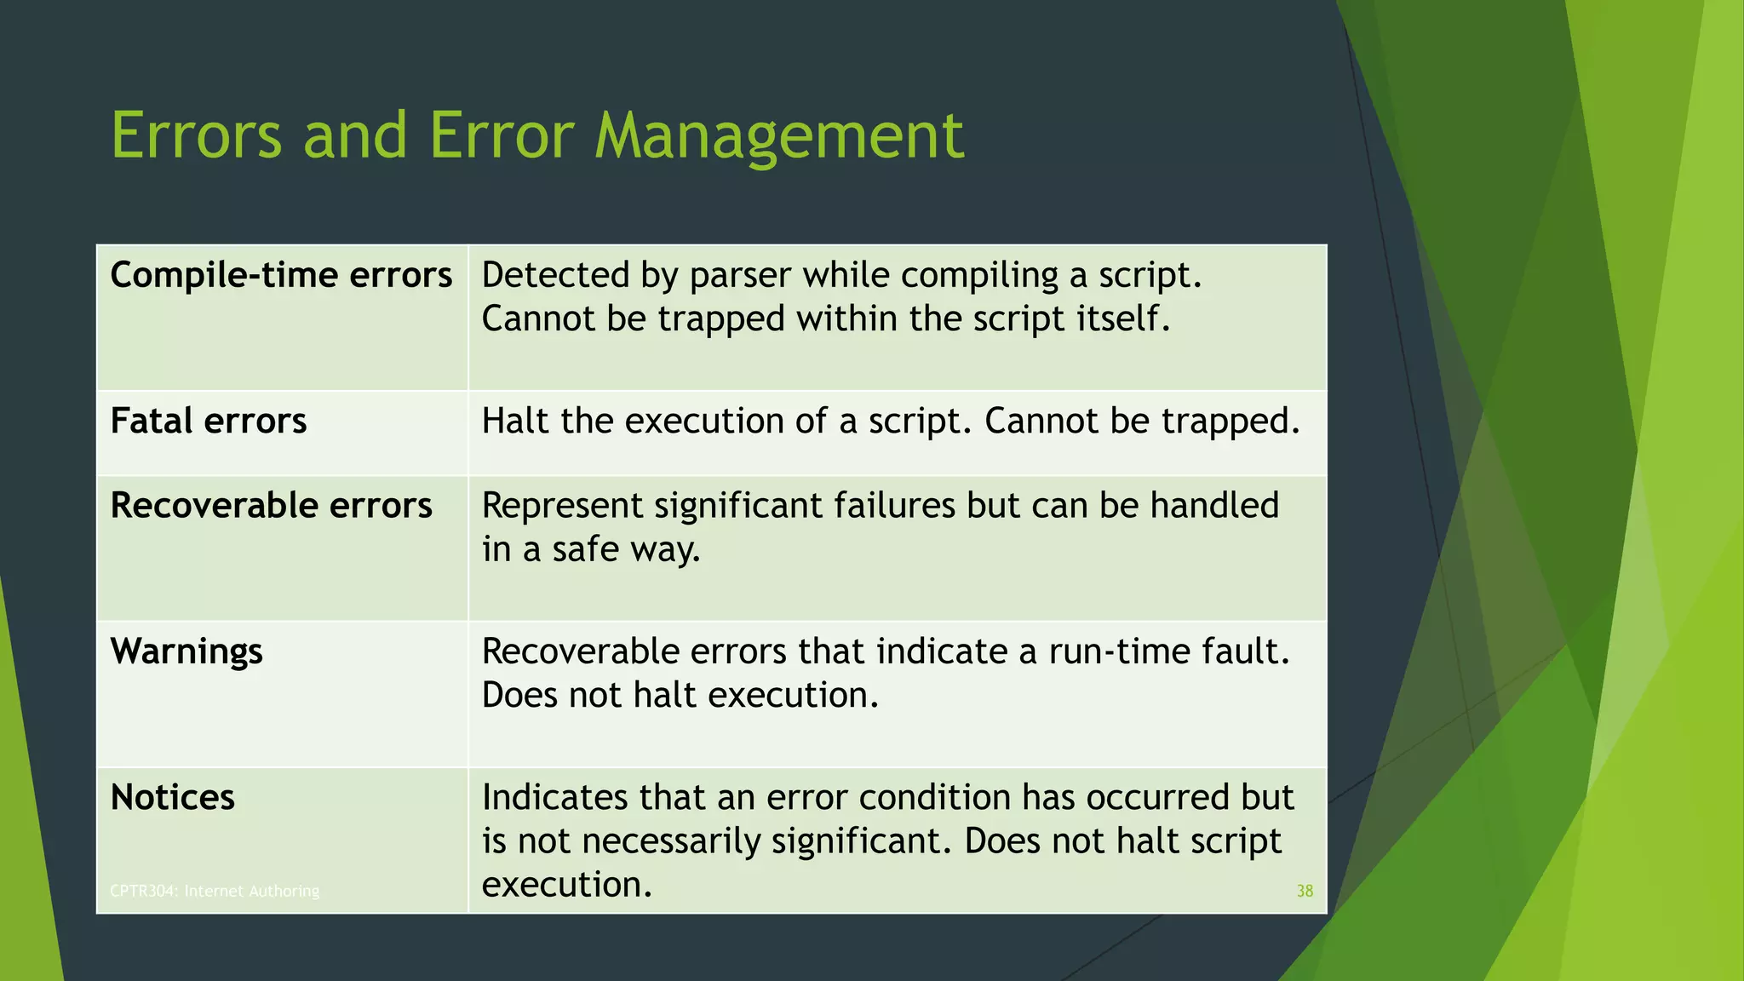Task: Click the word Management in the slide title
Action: point(778,136)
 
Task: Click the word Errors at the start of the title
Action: point(196,136)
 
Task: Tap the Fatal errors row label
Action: point(209,422)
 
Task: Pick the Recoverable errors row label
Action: point(271,506)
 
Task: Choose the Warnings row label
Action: point(186,652)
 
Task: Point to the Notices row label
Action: point(173,798)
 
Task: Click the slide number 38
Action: point(1304,891)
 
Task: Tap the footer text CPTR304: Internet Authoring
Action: point(215,891)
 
